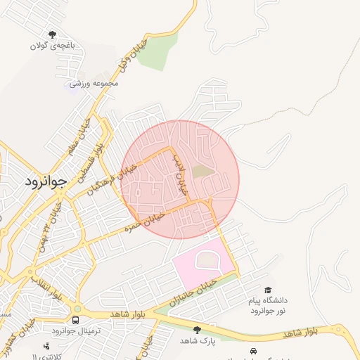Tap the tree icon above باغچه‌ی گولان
(52, 34)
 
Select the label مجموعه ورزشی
(95, 84)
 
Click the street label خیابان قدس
(180, 176)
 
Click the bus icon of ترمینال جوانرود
(75, 320)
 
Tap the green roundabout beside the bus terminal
(77, 309)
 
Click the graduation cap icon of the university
(267, 290)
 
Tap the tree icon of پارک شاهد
(197, 329)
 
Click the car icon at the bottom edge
(252, 350)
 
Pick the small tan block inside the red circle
(202, 171)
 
